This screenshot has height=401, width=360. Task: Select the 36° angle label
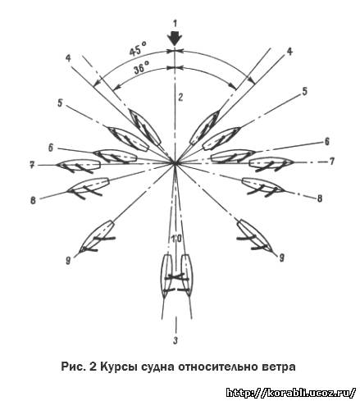pyautogui.click(x=142, y=68)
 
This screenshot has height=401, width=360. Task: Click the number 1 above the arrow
pyautogui.click(x=175, y=24)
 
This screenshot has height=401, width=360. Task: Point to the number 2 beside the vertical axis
pyautogui.click(x=180, y=98)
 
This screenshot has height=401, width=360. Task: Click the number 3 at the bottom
pyautogui.click(x=175, y=340)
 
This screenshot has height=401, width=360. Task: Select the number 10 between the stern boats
pyautogui.click(x=176, y=239)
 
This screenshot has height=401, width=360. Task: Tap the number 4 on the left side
pyautogui.click(x=68, y=58)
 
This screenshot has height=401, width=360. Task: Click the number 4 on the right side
pyautogui.click(x=289, y=52)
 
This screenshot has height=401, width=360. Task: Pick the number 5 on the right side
pyautogui.click(x=304, y=92)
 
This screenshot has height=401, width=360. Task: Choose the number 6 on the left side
pyautogui.click(x=51, y=148)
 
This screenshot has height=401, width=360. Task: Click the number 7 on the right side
pyautogui.click(x=331, y=162)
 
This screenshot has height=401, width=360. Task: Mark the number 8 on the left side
pyautogui.click(x=33, y=201)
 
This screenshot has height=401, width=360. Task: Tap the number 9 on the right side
pyautogui.click(x=281, y=257)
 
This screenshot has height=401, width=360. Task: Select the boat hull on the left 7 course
pyautogui.click(x=79, y=165)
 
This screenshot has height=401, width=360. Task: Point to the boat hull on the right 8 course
pyautogui.click(x=263, y=185)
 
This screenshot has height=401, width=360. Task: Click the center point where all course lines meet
pyautogui.click(x=175, y=163)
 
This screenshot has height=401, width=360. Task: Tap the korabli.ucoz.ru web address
pyautogui.click(x=291, y=393)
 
